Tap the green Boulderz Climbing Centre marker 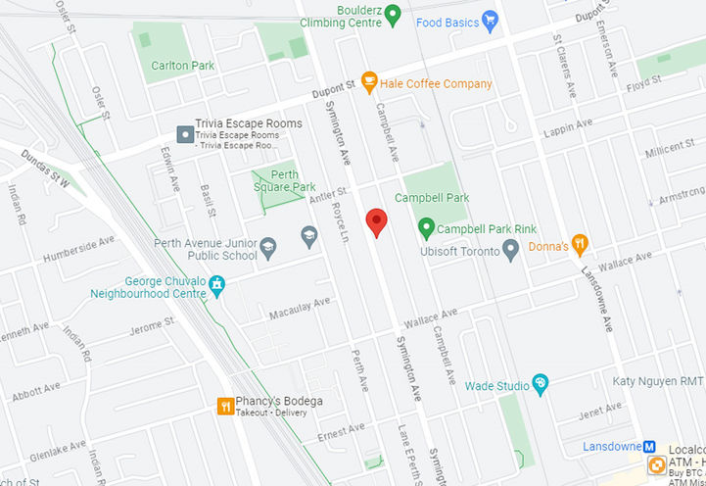pos(393,14)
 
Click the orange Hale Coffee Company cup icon pos(369,82)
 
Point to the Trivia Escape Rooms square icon pos(183,132)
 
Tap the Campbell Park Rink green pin pos(426,229)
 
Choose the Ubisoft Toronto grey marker pos(509,250)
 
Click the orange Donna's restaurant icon pos(580,244)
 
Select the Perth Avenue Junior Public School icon pos(268,250)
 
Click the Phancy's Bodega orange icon pos(225,406)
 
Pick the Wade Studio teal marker pos(539,383)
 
